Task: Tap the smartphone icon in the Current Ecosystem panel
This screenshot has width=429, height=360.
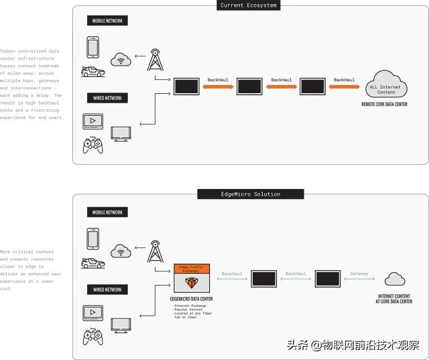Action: pyautogui.click(x=93, y=47)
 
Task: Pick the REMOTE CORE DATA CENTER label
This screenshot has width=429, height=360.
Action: pyautogui.click(x=384, y=105)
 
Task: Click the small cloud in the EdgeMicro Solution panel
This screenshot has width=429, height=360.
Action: pyautogui.click(x=395, y=279)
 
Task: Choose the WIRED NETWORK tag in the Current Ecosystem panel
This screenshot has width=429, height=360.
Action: pyautogui.click(x=107, y=99)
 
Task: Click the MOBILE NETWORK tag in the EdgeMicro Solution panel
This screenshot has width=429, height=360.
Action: pyautogui.click(x=107, y=213)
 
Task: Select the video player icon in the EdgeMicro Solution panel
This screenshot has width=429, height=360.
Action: pyautogui.click(x=92, y=312)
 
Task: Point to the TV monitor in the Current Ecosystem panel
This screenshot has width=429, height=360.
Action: pyautogui.click(x=121, y=133)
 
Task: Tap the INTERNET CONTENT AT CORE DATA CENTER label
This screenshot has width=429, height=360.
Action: pyautogui.click(x=394, y=299)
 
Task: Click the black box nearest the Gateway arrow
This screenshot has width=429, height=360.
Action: pyautogui.click(x=328, y=279)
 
